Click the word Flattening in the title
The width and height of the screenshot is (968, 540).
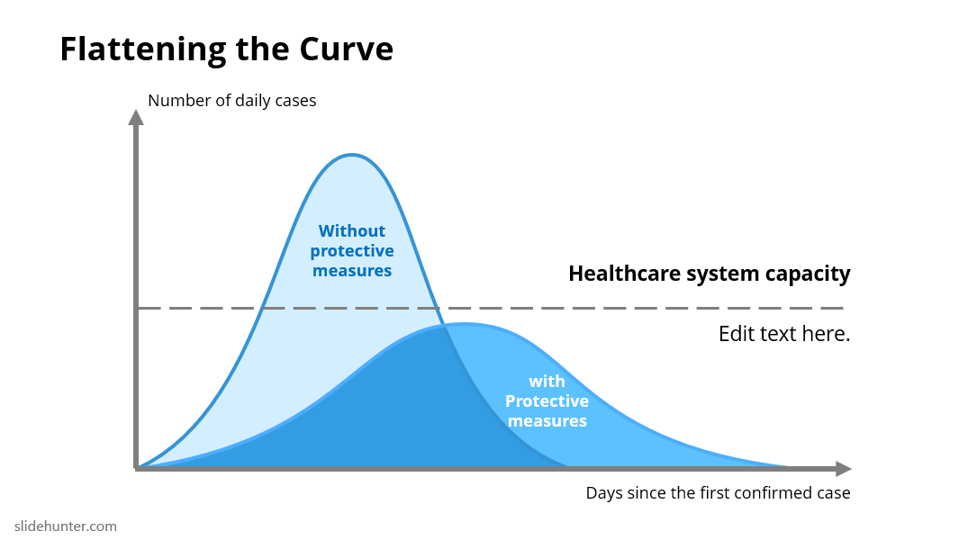tap(143, 49)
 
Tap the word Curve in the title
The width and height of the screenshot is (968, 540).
tap(347, 49)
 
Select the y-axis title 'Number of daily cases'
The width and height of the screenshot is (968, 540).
tap(232, 101)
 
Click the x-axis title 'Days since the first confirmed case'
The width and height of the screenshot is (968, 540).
tap(718, 493)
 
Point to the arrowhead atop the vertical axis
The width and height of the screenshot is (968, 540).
tap(136, 117)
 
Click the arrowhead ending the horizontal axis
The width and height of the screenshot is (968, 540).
tap(844, 469)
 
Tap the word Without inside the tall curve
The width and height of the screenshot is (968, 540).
tap(352, 230)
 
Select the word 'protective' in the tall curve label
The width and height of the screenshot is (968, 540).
tap(352, 251)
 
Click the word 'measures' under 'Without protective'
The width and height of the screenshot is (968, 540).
tap(352, 271)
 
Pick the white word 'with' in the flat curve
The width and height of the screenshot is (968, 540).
tap(547, 382)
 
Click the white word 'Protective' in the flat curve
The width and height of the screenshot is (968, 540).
tap(547, 401)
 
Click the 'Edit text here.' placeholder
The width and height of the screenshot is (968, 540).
tap(784, 334)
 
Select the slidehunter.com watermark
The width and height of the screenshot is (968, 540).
tap(66, 526)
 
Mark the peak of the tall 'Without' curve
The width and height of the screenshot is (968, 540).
tap(351, 155)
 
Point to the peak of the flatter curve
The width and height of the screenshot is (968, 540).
tap(465, 323)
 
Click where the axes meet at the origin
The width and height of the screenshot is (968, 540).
tap(137, 468)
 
